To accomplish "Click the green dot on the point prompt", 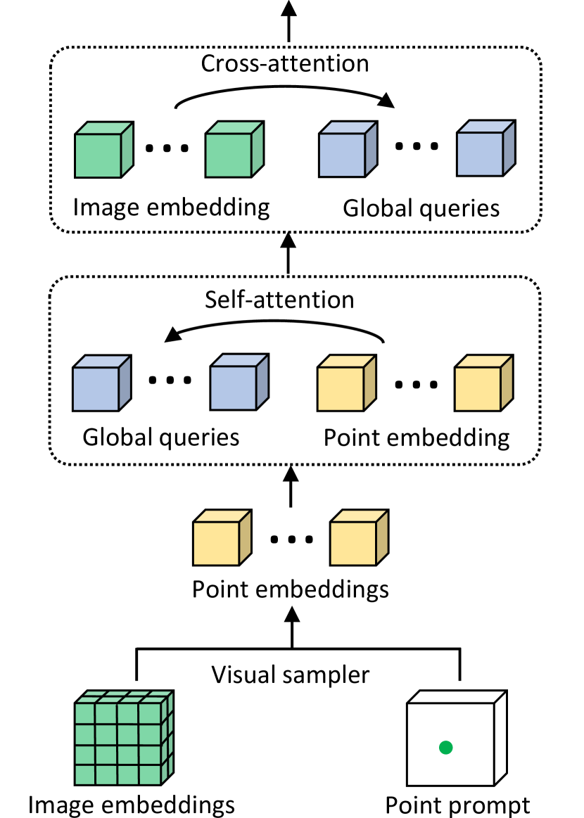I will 445,748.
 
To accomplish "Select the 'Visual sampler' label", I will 291,675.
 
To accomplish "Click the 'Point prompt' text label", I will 457,803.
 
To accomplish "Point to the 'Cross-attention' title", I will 285,63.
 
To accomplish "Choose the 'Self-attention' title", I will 279,300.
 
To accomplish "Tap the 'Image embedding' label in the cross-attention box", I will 171,207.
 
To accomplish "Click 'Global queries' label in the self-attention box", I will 161,437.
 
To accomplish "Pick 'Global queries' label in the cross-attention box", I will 421,209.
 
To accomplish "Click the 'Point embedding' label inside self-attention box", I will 417,437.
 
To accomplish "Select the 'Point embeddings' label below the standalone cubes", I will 290,588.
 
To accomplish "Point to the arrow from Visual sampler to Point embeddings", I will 291,626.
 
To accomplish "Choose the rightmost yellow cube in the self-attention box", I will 482,383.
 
